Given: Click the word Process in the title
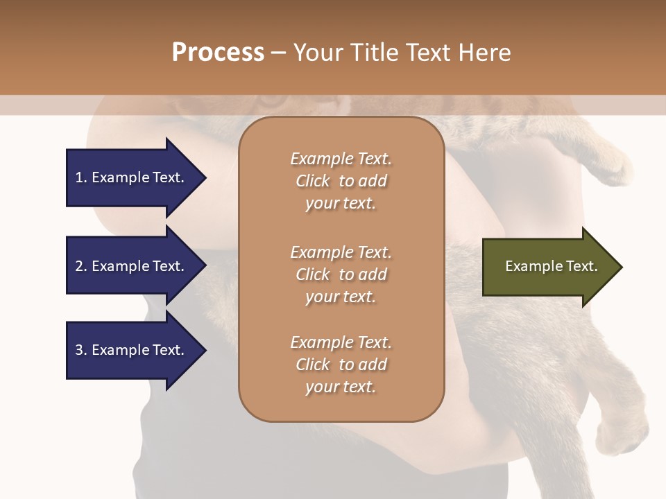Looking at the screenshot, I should [x=218, y=53].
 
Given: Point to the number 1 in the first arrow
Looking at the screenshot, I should [x=79, y=177].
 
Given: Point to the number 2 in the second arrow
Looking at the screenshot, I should [x=79, y=266].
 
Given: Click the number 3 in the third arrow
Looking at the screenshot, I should [x=79, y=350].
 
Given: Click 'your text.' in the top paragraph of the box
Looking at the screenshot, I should [x=341, y=204].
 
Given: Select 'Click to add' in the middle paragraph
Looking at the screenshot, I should [x=341, y=274].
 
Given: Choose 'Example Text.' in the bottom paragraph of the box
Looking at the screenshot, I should [x=341, y=342].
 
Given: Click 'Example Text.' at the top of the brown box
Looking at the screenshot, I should [x=341, y=159].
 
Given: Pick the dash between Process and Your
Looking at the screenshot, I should [x=278, y=53].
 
